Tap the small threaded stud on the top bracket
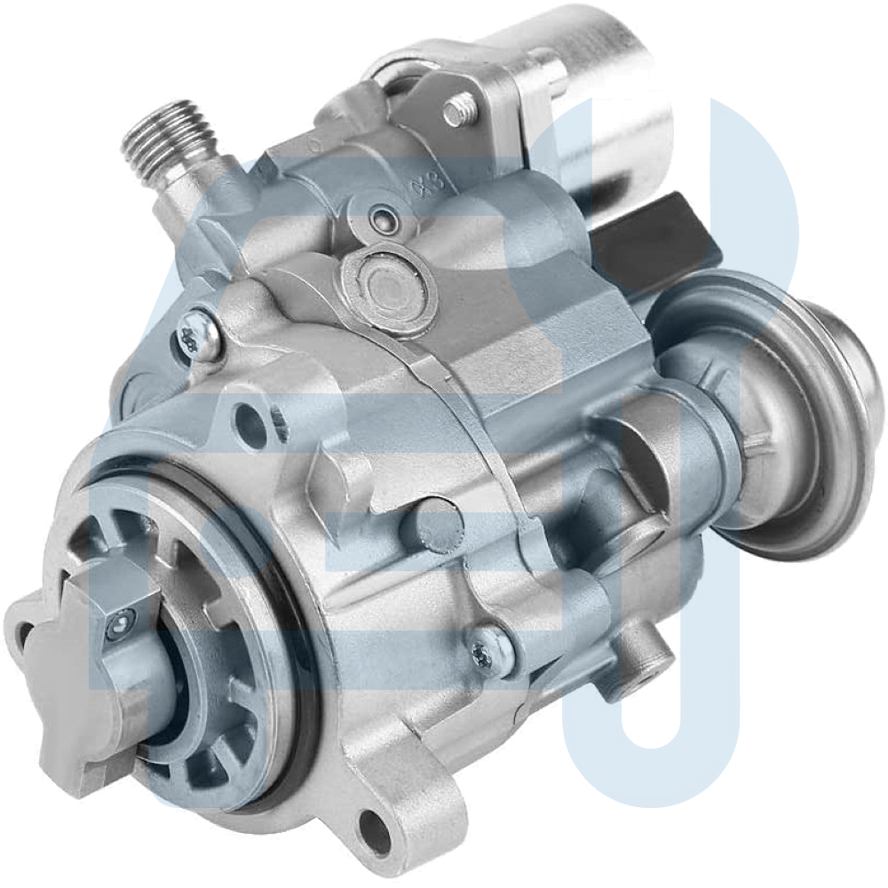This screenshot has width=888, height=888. point(457,110)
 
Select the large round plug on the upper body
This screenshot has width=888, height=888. point(389,289)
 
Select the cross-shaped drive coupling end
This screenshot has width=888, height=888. point(80,675)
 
